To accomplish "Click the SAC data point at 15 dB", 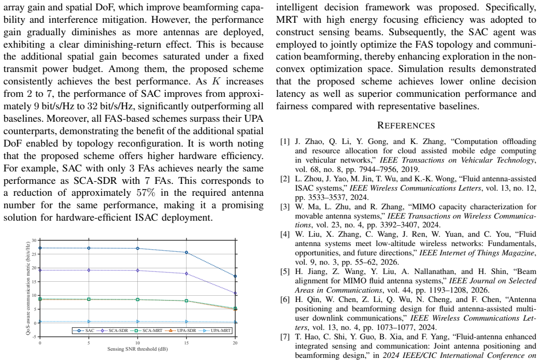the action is [x=187, y=252].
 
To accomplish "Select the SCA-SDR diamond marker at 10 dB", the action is [x=138, y=270].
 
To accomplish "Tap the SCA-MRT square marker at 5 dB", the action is [x=89, y=299].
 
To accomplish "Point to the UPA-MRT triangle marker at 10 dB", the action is [x=138, y=322].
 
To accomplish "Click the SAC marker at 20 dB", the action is [x=235, y=276].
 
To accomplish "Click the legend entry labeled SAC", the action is [x=83, y=330].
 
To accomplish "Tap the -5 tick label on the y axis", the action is [x=34, y=337].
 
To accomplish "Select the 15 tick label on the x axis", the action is [x=187, y=343].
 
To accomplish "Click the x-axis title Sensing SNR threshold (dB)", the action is [x=137, y=349].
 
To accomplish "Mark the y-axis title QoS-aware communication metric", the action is [x=28, y=287].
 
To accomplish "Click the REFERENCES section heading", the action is [x=406, y=125].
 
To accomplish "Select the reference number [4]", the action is [x=285, y=234].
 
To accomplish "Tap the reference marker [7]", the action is [x=285, y=337].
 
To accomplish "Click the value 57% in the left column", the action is [x=146, y=192].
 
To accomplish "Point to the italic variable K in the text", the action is [x=216, y=81].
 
